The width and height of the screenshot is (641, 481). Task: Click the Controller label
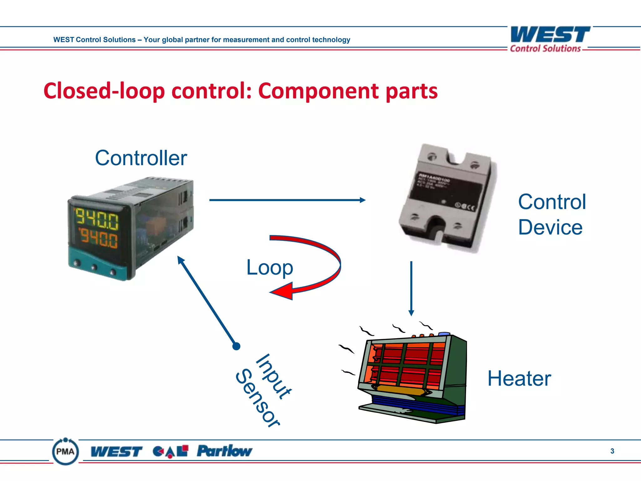coord(141,158)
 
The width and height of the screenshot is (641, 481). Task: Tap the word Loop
coord(269,268)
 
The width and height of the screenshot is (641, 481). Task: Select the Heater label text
coord(519,379)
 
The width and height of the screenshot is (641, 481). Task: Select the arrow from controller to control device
coord(287,200)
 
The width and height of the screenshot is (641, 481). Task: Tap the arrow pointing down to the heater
coord(411,288)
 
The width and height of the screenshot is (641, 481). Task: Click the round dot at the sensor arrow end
coord(236,346)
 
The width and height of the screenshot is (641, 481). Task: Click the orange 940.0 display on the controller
coord(99,238)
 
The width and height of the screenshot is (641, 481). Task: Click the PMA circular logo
coord(65,451)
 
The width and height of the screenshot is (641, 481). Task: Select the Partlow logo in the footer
coord(224,451)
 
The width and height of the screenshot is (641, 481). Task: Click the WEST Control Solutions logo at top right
coord(550,39)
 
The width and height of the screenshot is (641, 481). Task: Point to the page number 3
coord(612,451)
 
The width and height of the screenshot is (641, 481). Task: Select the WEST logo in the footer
coord(116,452)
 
